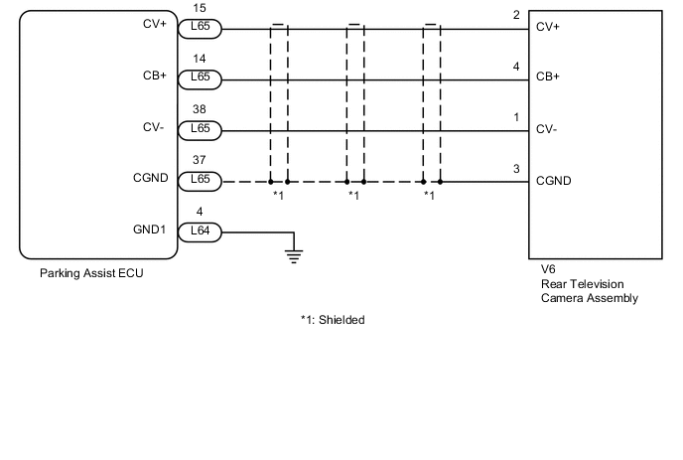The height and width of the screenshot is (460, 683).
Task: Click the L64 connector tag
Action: [x=200, y=232]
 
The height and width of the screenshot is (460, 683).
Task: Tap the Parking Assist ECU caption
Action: [x=91, y=273]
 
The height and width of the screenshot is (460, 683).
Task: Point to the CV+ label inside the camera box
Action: [x=548, y=27]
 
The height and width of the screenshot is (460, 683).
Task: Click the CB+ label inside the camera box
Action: [x=548, y=77]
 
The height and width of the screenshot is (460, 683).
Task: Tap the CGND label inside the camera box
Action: [x=553, y=181]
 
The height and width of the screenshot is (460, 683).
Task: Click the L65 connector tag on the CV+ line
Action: [x=200, y=29]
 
